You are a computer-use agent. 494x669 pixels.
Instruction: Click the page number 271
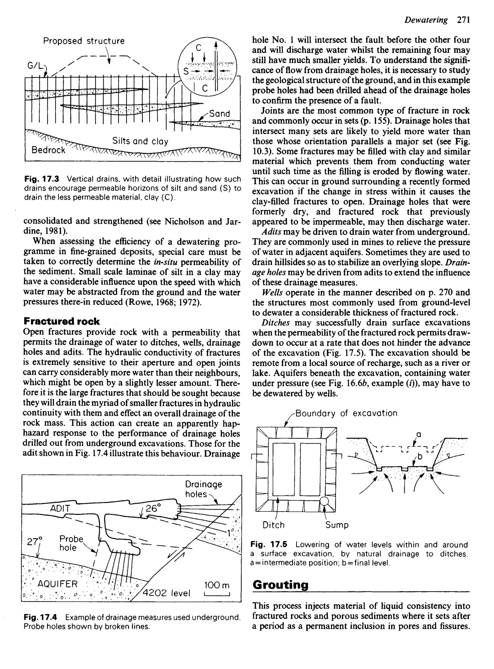pyautogui.click(x=464, y=20)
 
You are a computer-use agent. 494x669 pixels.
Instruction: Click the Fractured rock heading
pyautogui.click(x=61, y=321)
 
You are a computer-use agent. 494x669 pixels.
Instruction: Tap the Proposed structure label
pyautogui.click(x=84, y=41)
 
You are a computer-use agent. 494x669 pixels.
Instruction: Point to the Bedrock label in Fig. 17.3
pyautogui.click(x=48, y=150)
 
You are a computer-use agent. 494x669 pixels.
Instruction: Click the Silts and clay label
pyautogui.click(x=140, y=141)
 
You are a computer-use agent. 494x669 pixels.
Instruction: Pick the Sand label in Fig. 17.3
pyautogui.click(x=220, y=114)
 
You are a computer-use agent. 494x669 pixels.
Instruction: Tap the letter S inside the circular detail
pyautogui.click(x=186, y=71)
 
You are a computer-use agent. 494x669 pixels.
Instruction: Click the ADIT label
pyautogui.click(x=60, y=508)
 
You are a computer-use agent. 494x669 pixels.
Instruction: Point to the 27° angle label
pyautogui.click(x=35, y=542)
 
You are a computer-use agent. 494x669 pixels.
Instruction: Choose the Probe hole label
pyautogui.click(x=71, y=543)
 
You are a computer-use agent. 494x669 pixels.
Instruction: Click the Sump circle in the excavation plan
pyautogui.click(x=324, y=502)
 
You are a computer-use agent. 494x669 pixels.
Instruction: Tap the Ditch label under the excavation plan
pyautogui.click(x=273, y=525)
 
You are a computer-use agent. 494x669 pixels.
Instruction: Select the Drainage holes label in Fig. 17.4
pyautogui.click(x=203, y=489)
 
